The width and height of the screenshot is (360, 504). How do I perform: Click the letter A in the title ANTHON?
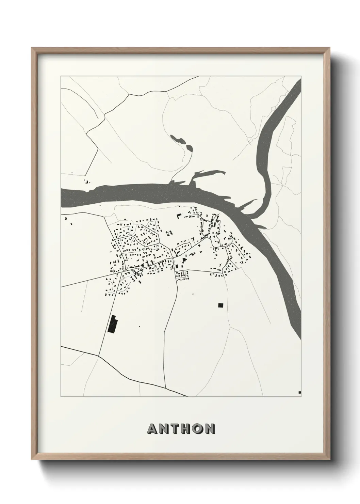tap(152, 429)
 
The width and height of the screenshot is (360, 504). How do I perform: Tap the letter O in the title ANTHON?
tap(196, 429)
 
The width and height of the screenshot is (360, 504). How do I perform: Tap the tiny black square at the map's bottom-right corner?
tap(299, 392)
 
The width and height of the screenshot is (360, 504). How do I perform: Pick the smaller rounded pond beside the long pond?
tap(190, 148)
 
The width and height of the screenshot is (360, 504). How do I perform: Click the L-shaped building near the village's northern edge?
tap(179, 216)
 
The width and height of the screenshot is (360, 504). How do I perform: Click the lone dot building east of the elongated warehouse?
tap(139, 326)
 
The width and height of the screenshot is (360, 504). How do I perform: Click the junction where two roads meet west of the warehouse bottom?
tap(98, 356)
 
